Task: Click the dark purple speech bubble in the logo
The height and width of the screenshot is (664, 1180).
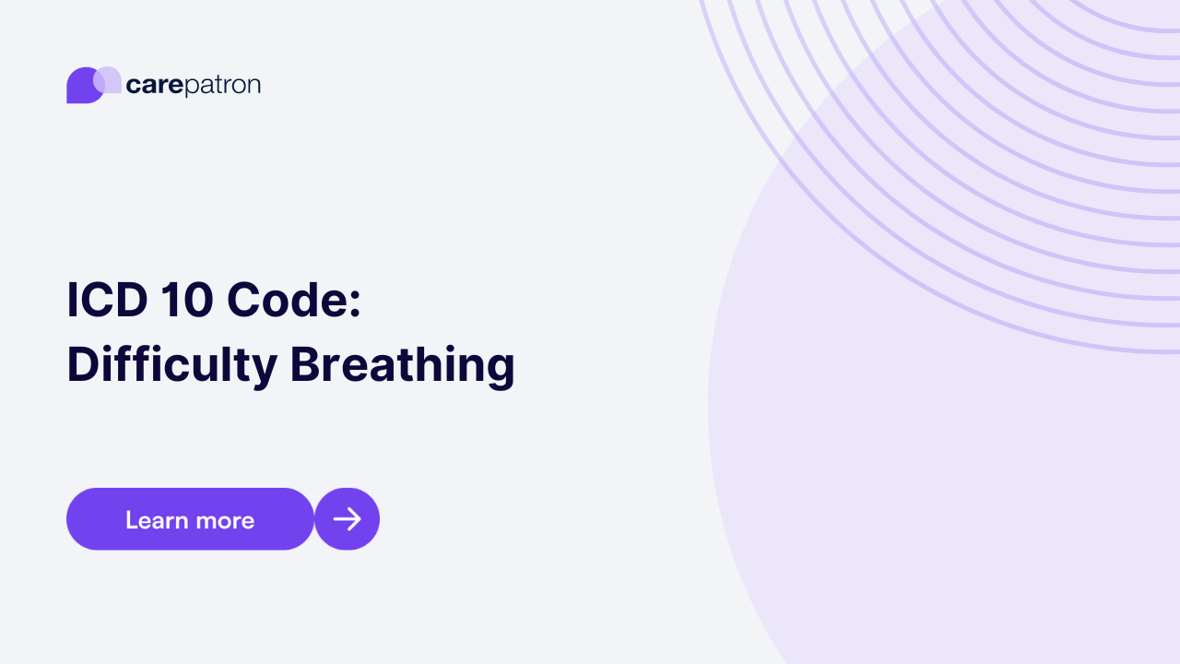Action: point(82,88)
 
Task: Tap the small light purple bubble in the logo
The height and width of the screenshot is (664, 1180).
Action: point(109,79)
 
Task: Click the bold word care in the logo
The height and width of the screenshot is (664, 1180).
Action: point(155,86)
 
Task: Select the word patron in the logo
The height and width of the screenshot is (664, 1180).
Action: point(223,86)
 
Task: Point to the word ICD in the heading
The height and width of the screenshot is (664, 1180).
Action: point(103,302)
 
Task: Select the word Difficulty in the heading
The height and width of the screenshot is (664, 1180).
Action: point(171,365)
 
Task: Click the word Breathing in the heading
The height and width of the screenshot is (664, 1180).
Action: point(402,365)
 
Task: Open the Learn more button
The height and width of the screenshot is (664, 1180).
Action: point(190,519)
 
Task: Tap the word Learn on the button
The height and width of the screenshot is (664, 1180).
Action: point(156,520)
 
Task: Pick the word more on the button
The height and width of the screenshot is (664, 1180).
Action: point(225,521)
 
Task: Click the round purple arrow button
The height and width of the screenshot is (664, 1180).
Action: point(347,519)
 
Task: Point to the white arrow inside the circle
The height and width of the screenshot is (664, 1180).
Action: point(347,519)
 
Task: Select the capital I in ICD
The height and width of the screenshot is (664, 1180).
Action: point(72,302)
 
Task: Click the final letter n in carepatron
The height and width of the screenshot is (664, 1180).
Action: point(254,86)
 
